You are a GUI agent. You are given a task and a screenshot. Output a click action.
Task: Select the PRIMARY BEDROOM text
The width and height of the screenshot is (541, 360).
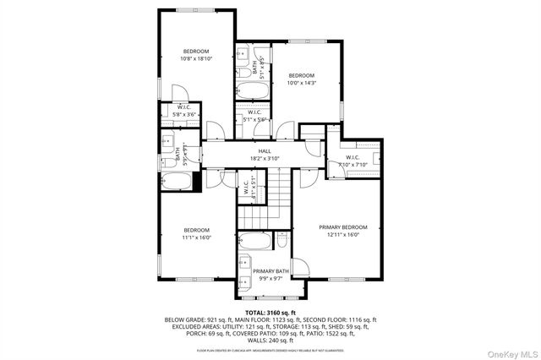342,226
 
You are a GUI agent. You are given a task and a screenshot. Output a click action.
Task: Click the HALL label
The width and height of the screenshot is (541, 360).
265,150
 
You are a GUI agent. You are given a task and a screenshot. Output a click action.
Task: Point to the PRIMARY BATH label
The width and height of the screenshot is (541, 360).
270,270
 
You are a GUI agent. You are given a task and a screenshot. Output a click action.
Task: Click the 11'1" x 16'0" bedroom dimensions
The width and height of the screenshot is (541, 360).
196,238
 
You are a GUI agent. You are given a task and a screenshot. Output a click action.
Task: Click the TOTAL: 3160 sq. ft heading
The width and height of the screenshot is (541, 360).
270,312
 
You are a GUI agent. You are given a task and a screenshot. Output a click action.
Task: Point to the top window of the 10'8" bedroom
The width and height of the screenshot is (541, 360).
195,10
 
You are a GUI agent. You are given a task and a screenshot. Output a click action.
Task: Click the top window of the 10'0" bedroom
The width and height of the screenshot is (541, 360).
301,41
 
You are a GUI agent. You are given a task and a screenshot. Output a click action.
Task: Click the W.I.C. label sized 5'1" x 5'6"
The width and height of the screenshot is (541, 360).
256,116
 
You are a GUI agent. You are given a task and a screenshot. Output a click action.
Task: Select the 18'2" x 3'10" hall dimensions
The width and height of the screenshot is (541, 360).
265,158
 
